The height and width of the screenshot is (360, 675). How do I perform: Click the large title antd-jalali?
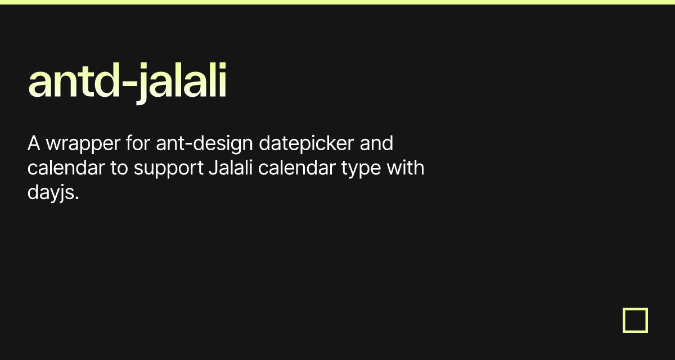click(127, 82)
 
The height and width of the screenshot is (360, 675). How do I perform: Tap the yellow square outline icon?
click(635, 320)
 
